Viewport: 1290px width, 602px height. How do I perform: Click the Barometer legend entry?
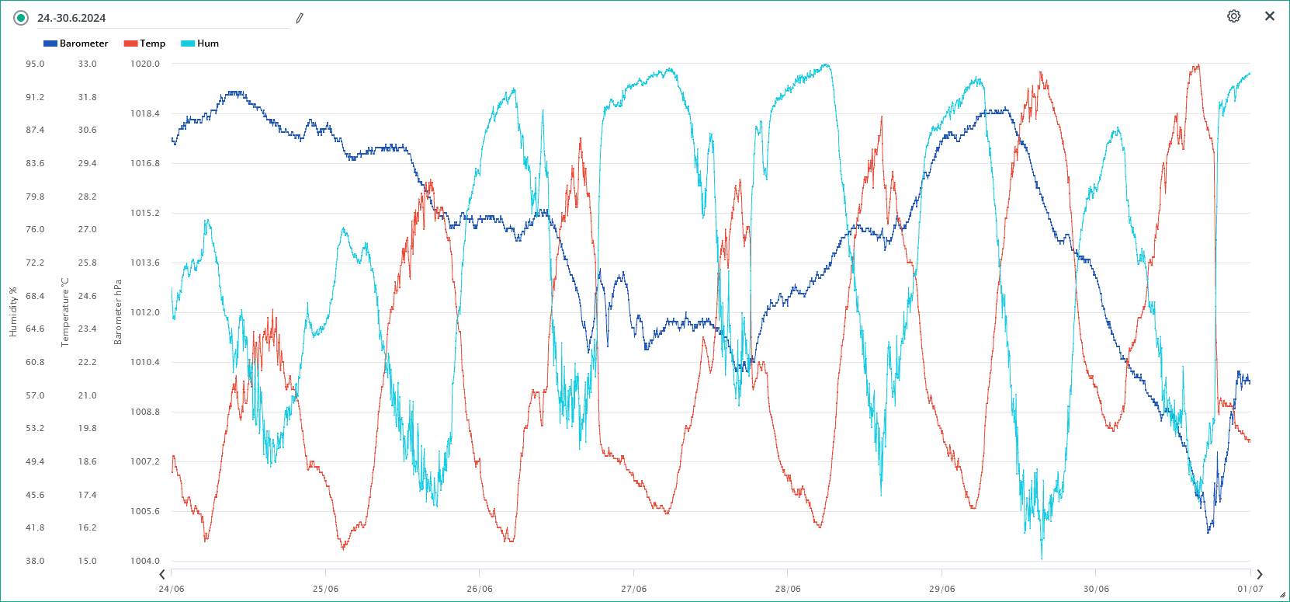pos(76,43)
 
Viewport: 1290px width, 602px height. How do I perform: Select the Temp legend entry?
pos(145,43)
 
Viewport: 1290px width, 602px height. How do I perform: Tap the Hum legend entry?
pos(200,43)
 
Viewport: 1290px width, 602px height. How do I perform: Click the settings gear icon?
pos(1233,16)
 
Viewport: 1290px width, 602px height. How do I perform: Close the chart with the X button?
pos(1270,16)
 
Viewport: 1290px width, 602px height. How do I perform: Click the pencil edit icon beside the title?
pos(300,18)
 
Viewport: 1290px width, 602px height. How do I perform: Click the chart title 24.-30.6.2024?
pos(71,18)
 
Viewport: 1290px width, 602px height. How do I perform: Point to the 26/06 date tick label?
pos(480,589)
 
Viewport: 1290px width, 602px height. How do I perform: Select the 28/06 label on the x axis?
pos(788,589)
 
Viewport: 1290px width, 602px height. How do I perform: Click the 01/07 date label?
pos(1250,589)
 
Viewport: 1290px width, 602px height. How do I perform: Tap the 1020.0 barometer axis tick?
pos(145,64)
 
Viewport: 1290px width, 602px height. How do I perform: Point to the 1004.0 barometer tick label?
pos(145,561)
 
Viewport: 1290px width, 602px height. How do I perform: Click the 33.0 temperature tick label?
pos(88,64)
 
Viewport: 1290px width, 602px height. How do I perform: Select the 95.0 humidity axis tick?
pos(35,64)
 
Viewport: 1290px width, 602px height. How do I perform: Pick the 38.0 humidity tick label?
pos(35,561)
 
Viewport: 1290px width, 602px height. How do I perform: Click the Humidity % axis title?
pos(13,312)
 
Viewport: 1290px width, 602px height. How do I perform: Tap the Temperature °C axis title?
pos(65,312)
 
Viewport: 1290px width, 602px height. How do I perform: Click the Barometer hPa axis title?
pos(118,312)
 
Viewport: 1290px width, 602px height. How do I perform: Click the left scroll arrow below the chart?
pos(162,575)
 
